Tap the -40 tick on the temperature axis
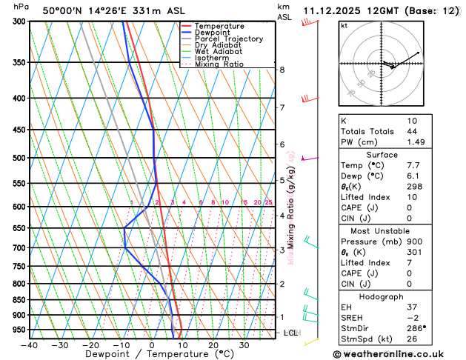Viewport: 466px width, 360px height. (30, 345)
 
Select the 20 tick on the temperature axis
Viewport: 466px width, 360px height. (213, 345)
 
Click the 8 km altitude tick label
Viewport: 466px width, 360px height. (282, 70)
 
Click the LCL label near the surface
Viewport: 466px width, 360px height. (290, 333)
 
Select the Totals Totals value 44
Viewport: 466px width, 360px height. (412, 131)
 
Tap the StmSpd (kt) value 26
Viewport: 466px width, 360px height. (412, 340)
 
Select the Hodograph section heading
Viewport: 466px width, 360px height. (382, 296)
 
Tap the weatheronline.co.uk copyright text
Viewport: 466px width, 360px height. (396, 353)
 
